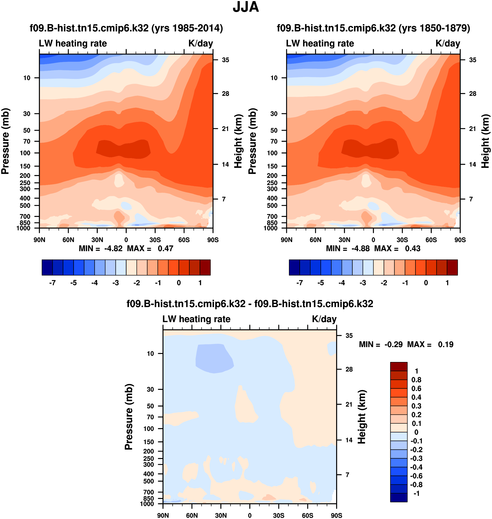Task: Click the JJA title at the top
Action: click(x=246, y=7)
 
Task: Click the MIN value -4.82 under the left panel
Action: click(x=113, y=249)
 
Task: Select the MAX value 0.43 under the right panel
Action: click(x=413, y=249)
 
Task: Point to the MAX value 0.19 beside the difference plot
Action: click(x=446, y=344)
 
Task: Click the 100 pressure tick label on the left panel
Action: click(x=25, y=153)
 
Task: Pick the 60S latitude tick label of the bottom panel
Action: click(x=307, y=515)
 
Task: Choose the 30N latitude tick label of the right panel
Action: click(x=344, y=240)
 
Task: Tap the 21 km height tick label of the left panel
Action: click(x=225, y=129)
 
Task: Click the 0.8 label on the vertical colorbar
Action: click(x=416, y=380)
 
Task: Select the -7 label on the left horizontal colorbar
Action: click(x=52, y=283)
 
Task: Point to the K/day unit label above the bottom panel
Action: click(x=324, y=319)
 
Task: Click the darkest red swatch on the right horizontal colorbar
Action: click(x=452, y=267)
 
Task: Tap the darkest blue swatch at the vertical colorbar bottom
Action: click(x=399, y=497)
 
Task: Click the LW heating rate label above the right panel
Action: click(x=320, y=43)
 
